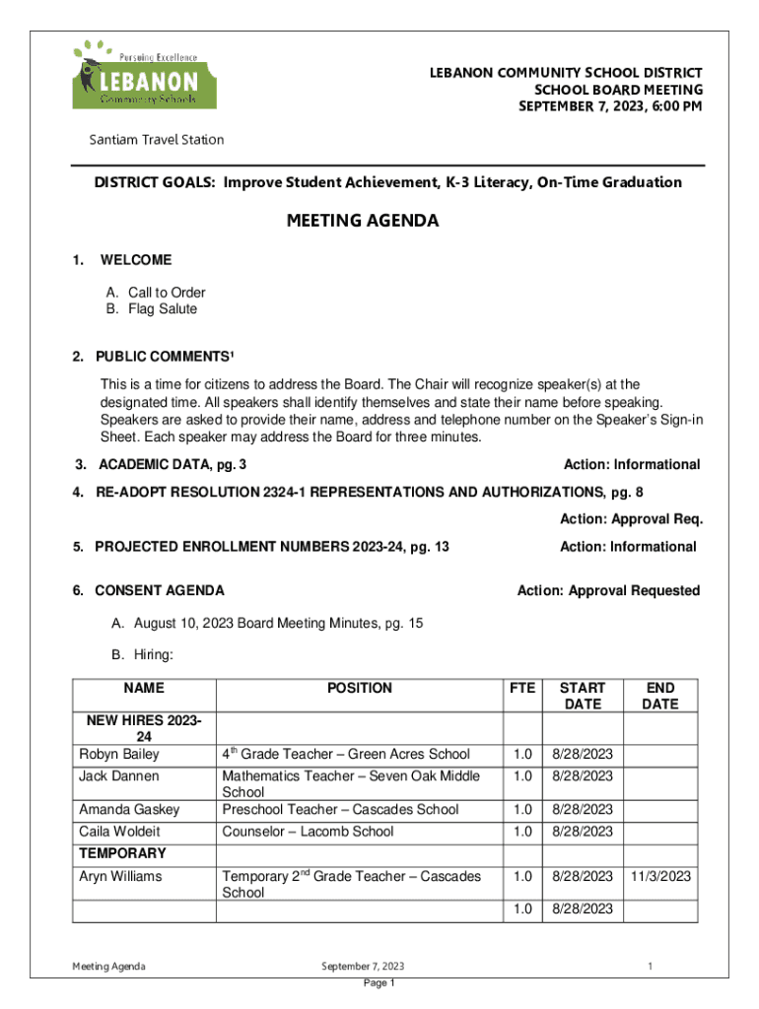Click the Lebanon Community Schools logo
click(135, 75)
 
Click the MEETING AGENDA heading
click(363, 221)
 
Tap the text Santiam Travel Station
click(157, 140)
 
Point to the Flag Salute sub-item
click(152, 309)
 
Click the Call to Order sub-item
click(156, 293)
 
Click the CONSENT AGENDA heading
click(159, 591)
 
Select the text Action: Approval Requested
click(608, 591)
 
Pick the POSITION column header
click(360, 689)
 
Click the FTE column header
click(521, 689)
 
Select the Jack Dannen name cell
click(119, 776)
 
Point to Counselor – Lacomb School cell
click(308, 832)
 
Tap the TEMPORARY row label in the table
click(123, 853)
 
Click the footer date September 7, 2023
click(363, 966)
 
